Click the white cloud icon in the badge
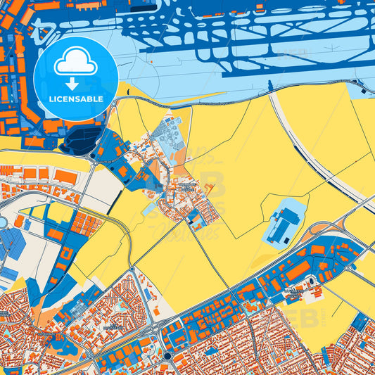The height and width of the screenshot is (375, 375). tap(76, 63)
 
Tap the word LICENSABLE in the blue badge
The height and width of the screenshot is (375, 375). tap(76, 98)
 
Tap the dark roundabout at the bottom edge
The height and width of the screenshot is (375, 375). tap(168, 357)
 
